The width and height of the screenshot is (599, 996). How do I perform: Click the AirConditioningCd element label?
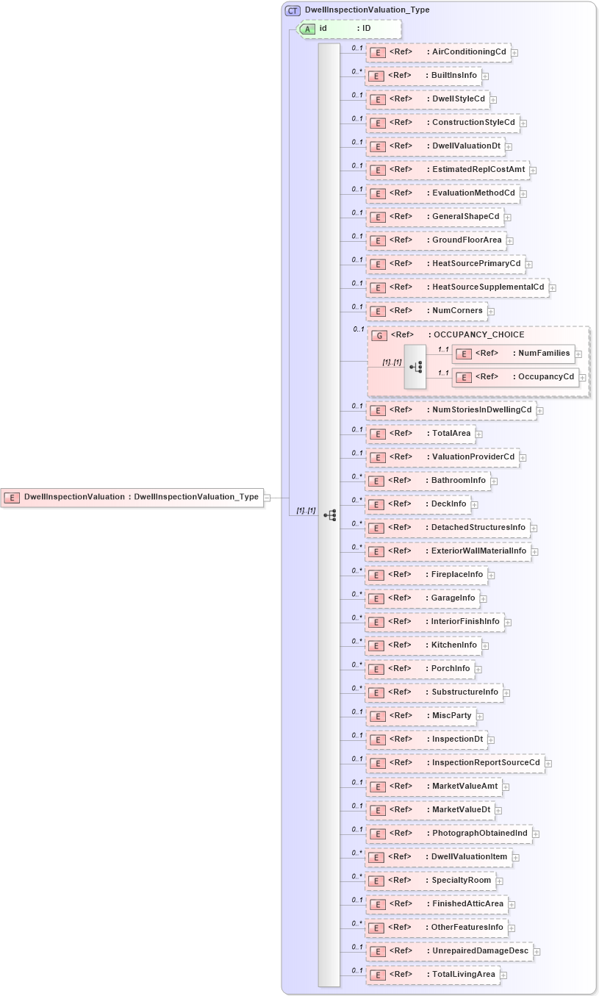469,52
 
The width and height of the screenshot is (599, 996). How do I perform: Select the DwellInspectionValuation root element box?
132,497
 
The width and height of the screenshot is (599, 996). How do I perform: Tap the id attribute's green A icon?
307,29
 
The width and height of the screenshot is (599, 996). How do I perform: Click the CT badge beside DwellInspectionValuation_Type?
293,10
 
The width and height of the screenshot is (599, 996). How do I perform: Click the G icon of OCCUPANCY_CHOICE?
379,335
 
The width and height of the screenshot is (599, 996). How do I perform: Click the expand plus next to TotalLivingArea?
504,975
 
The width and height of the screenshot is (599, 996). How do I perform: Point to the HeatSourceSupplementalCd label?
488,287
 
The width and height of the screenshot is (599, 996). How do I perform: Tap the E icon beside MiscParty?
377,716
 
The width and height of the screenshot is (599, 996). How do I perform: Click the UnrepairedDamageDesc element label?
479,951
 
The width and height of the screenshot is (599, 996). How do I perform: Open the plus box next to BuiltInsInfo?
486,76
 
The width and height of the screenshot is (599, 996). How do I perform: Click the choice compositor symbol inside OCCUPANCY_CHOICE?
415,365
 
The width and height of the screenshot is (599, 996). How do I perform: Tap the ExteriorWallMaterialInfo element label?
478,551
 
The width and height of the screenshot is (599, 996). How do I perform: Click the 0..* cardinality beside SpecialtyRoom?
356,876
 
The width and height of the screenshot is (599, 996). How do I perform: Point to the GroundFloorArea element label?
467,240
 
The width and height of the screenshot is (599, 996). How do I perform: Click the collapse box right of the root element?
268,498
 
